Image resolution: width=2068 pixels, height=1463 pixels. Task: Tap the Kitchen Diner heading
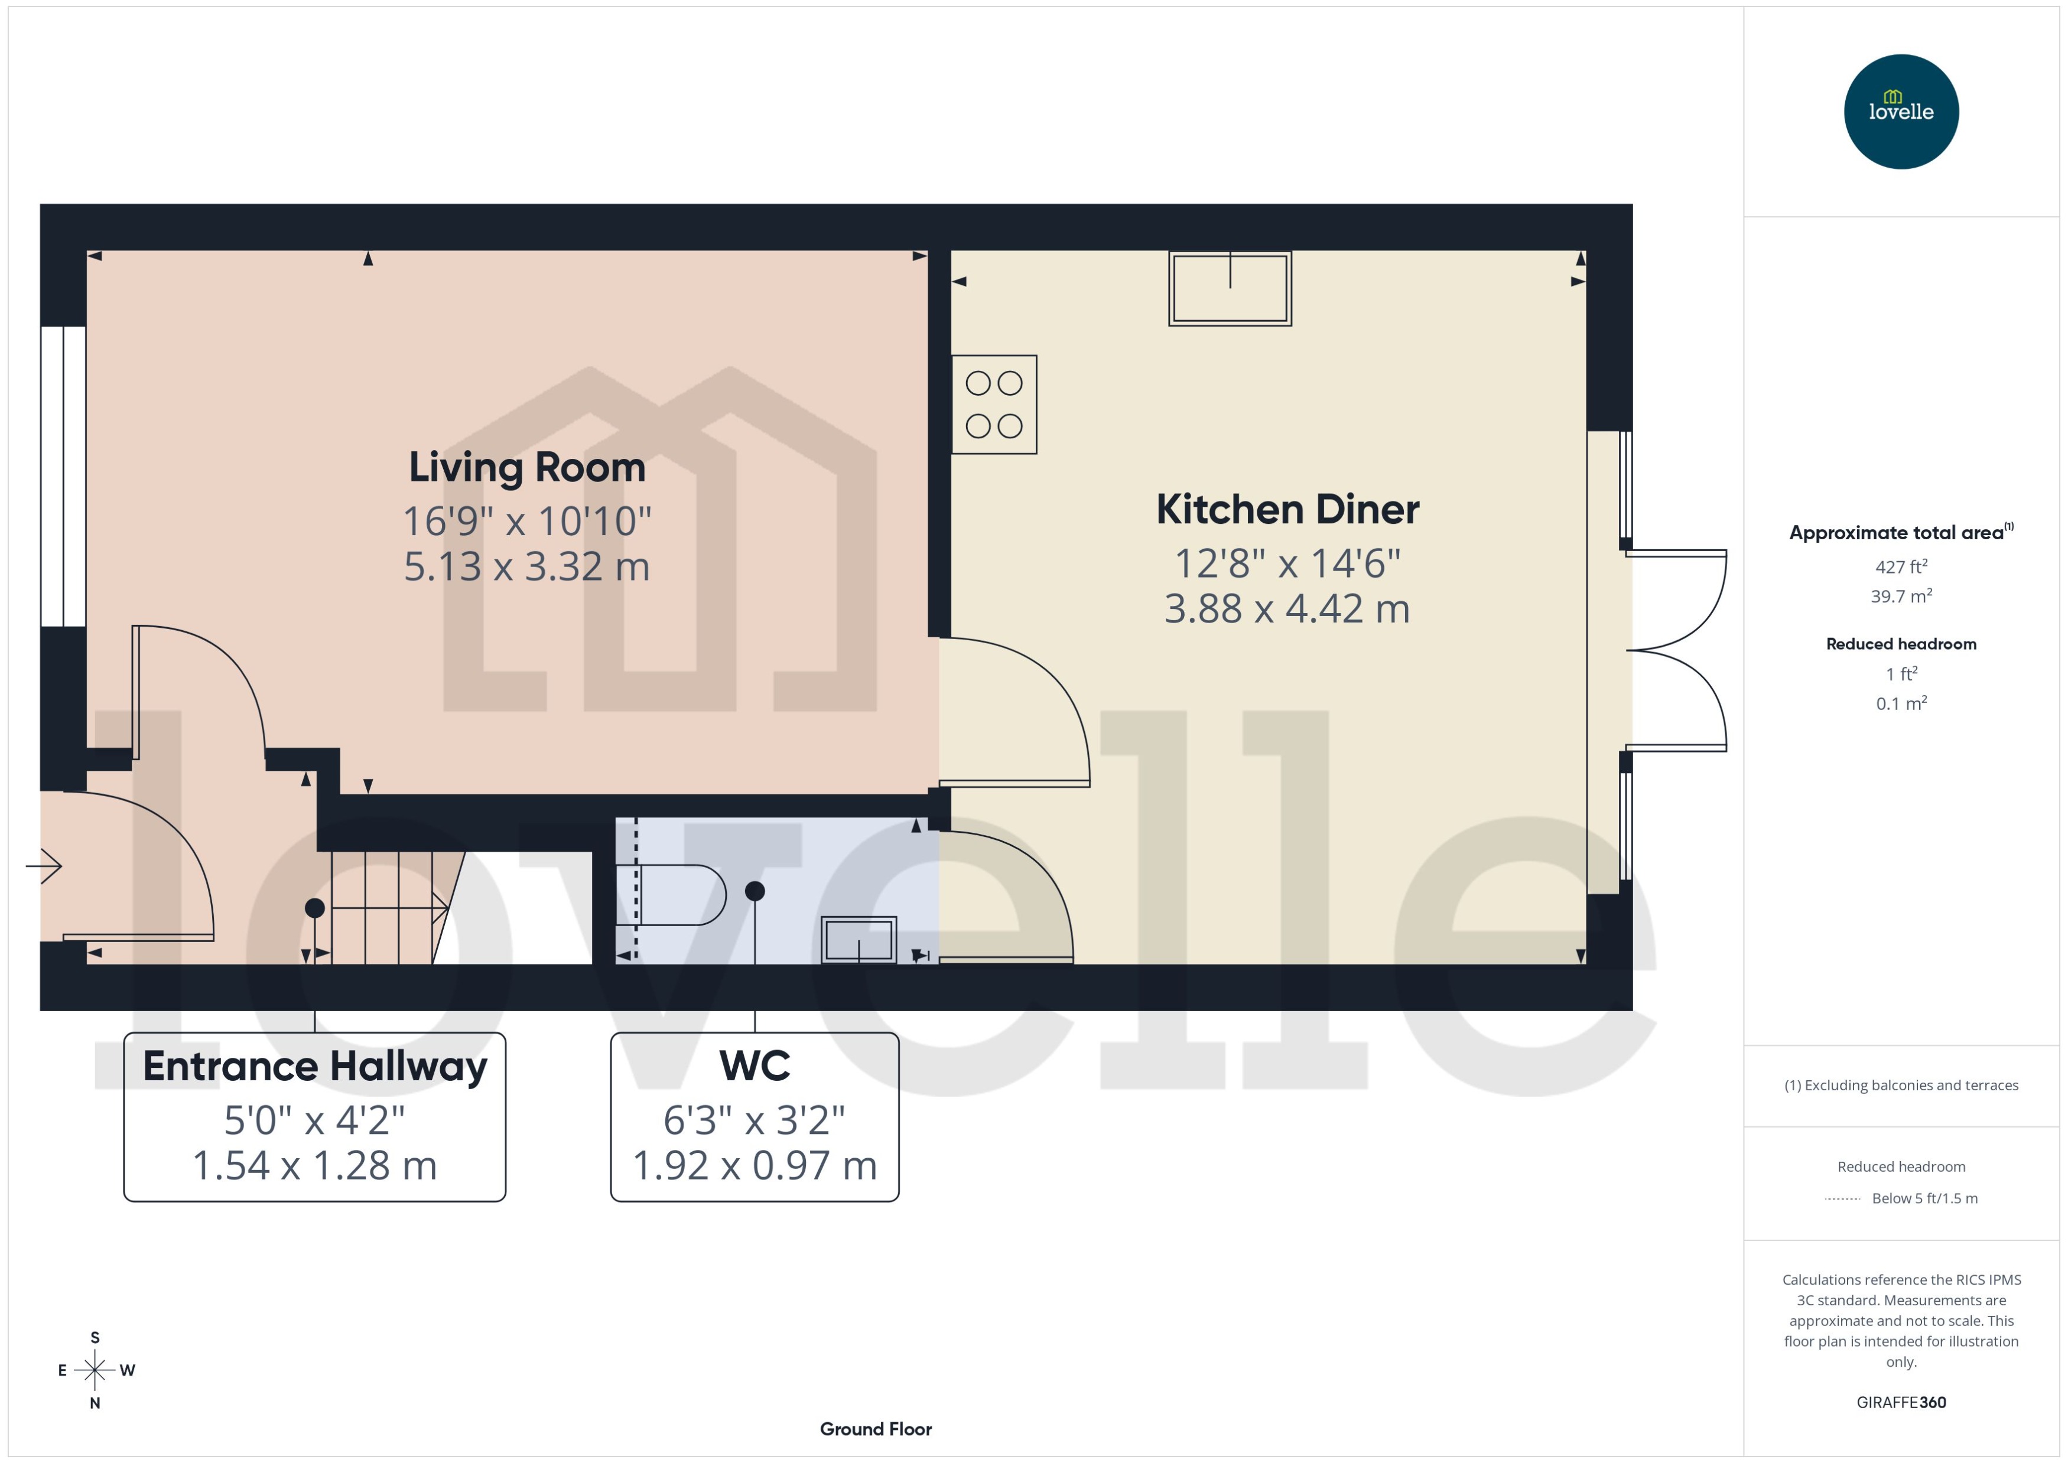(x=1287, y=510)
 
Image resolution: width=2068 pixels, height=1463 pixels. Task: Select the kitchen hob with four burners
(x=994, y=405)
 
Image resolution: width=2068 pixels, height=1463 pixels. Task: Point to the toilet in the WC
(x=674, y=895)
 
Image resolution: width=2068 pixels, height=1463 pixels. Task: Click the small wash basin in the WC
(x=859, y=940)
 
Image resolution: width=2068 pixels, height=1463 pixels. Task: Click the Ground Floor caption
(x=875, y=1429)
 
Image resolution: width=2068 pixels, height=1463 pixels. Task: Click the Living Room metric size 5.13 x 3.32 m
(x=527, y=566)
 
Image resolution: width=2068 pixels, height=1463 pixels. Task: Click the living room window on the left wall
(x=63, y=475)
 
